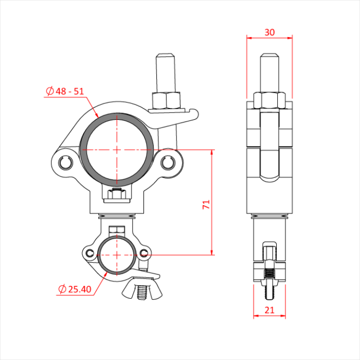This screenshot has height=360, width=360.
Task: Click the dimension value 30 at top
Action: pos(269,32)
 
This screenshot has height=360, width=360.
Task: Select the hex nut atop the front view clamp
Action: pos(165,100)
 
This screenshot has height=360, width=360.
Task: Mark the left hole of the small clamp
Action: pos(91,253)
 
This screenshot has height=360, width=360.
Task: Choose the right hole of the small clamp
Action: pos(144,253)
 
